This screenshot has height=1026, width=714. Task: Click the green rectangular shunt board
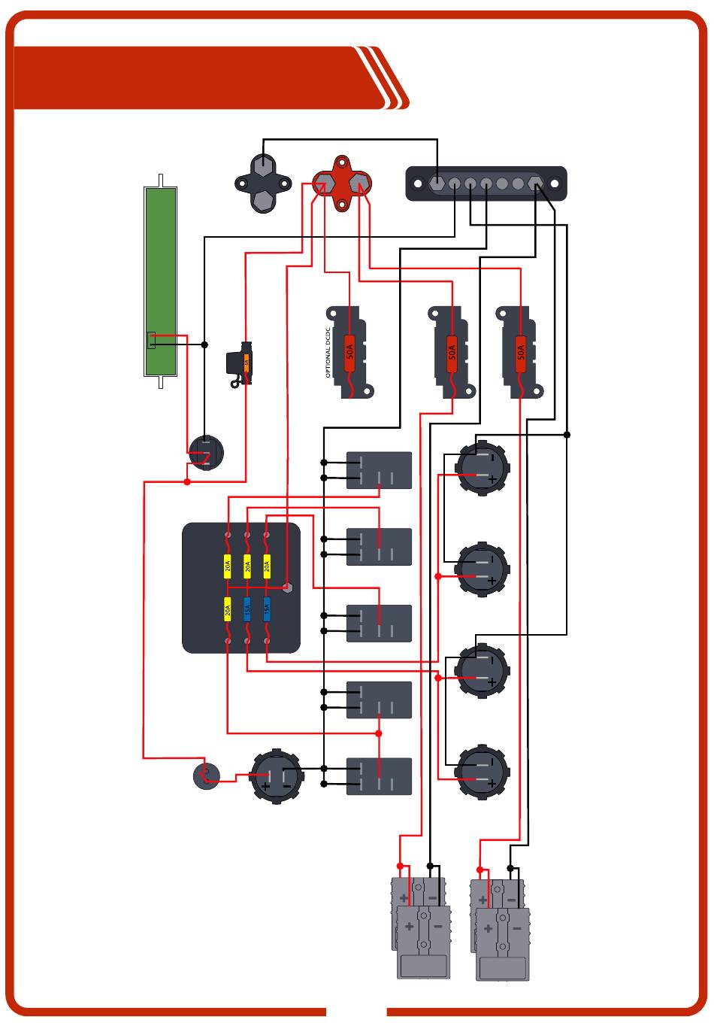tap(160, 281)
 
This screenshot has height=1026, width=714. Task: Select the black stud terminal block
tap(263, 183)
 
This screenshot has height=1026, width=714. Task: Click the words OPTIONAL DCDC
tap(329, 351)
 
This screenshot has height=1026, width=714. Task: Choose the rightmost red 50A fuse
tap(521, 350)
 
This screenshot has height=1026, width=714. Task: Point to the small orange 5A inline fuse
tap(246, 363)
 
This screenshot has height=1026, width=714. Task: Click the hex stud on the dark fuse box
tap(286, 586)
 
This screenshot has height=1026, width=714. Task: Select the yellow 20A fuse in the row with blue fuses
tap(228, 609)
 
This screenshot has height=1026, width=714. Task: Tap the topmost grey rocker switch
tap(379, 470)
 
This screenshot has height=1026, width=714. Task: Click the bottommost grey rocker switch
tap(379, 776)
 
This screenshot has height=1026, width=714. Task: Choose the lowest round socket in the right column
tap(482, 772)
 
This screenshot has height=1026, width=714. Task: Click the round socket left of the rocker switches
tap(277, 776)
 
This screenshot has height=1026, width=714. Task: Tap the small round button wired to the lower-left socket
tap(206, 776)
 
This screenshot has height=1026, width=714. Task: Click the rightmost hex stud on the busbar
tap(535, 184)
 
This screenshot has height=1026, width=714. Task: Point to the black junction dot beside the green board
tap(204, 345)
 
